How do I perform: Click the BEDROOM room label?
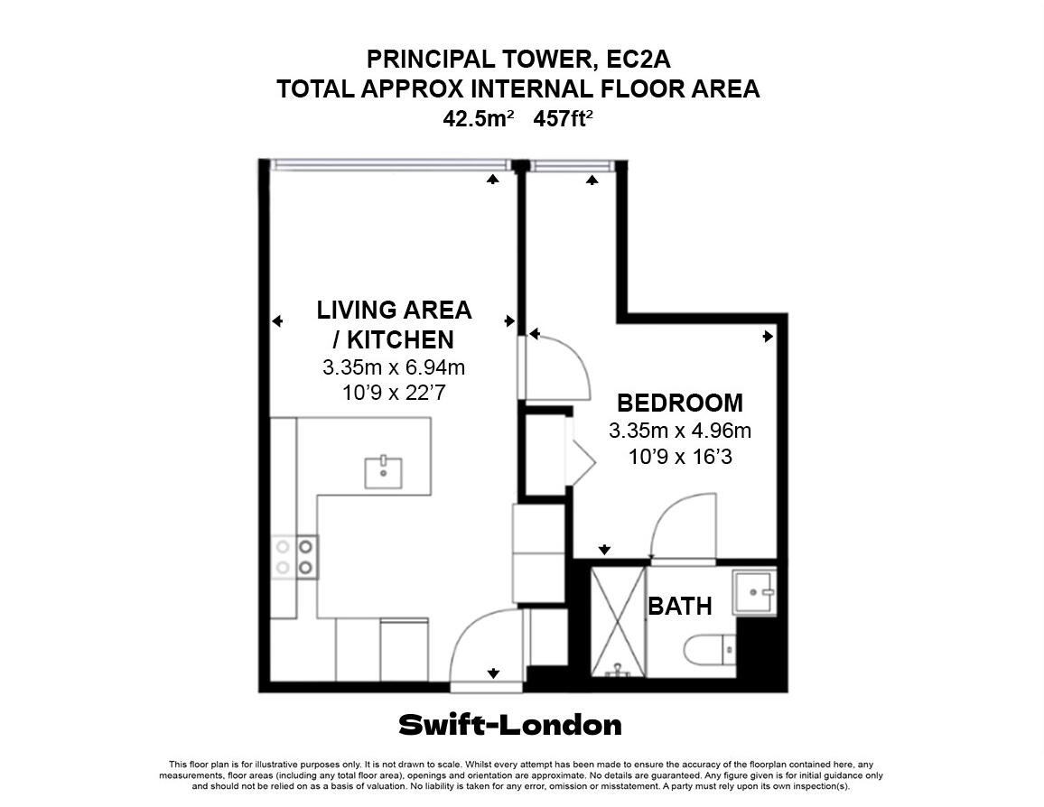680,403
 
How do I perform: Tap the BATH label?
680,606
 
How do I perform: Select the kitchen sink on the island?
383,472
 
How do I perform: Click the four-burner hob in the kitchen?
294,557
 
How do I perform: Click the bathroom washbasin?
754,590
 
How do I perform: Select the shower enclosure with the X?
619,621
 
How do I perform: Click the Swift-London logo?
510,725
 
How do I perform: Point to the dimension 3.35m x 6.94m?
394,367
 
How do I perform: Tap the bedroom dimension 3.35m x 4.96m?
680,431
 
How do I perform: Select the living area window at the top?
391,165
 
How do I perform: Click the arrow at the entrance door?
493,673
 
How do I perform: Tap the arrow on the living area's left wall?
277,321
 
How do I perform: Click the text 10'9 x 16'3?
680,457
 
